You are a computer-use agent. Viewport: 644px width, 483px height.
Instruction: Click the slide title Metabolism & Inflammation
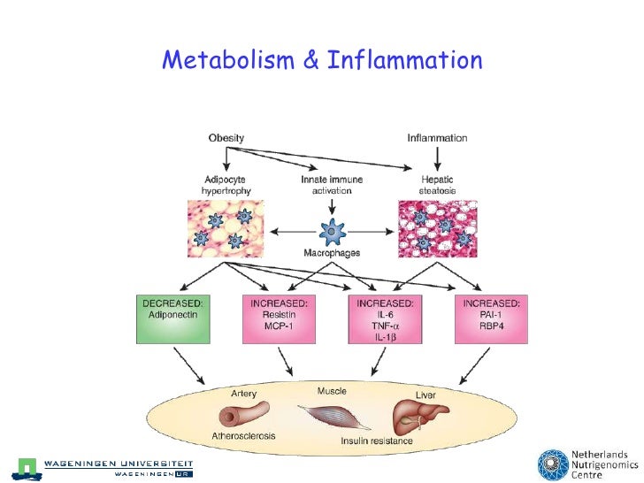point(322,60)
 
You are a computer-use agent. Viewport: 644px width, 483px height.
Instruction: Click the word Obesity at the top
point(226,138)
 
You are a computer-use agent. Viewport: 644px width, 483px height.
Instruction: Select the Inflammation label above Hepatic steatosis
point(437,138)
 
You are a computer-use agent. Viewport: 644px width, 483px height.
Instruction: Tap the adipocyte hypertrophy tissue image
point(226,229)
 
